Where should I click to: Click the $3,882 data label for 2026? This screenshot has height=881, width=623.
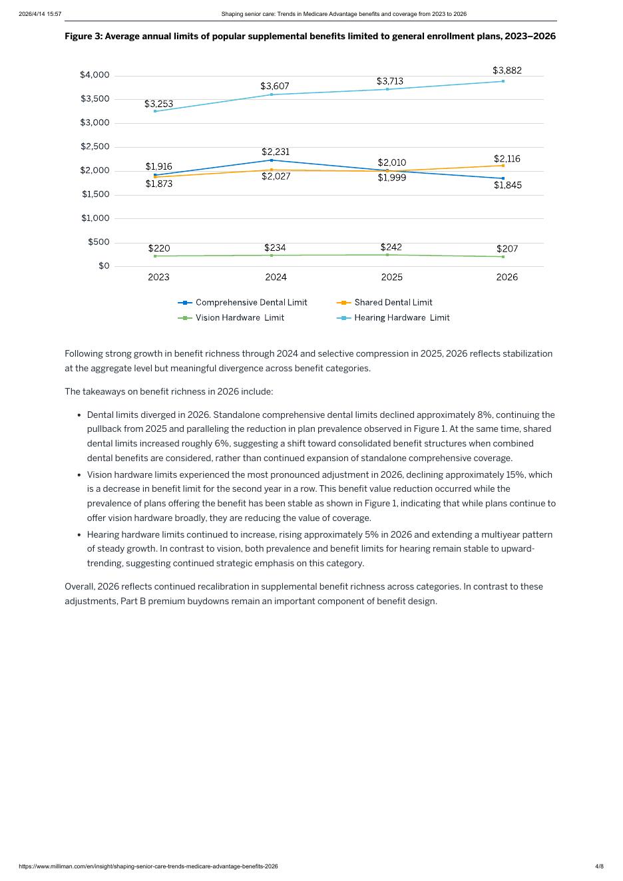[507, 71]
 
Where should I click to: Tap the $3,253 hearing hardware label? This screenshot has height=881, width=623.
[158, 104]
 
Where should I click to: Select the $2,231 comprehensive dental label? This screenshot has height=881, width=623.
[275, 152]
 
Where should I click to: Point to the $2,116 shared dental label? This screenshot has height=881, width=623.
[507, 159]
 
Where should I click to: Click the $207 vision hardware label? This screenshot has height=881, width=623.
[507, 249]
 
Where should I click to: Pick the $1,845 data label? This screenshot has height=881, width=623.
[507, 186]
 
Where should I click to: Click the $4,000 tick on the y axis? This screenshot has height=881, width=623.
[95, 75]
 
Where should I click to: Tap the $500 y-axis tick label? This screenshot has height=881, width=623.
[99, 242]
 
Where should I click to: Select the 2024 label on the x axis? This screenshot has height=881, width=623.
[276, 277]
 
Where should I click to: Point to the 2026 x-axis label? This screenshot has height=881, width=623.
[507, 277]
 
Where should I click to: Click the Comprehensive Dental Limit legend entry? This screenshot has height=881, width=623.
[243, 303]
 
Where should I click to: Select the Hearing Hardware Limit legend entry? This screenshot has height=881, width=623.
[393, 318]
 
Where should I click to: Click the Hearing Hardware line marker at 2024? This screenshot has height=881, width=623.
[272, 94]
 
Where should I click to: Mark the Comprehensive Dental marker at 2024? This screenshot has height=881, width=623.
[272, 160]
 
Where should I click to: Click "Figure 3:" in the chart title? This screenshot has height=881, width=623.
[83, 37]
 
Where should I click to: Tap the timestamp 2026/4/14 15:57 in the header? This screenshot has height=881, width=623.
[40, 14]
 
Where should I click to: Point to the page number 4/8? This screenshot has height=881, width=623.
[599, 866]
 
